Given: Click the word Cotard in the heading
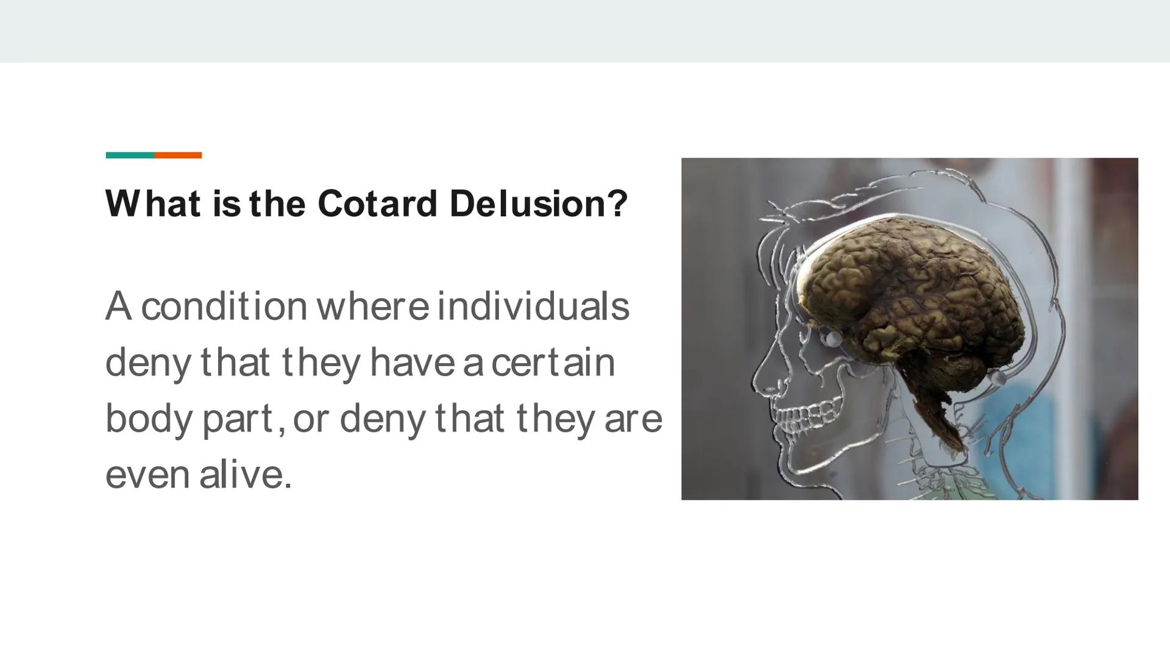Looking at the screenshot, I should pos(377,203).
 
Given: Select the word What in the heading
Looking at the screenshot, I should pos(154,203).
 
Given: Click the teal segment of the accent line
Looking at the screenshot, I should pos(130,155).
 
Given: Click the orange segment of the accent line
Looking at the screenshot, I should pos(178,155).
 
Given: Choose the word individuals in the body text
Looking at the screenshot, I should pos(533,306).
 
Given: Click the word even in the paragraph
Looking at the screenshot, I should pos(147,475).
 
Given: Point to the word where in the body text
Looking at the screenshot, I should pos(373,306).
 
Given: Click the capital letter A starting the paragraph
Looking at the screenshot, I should pos(118,306).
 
